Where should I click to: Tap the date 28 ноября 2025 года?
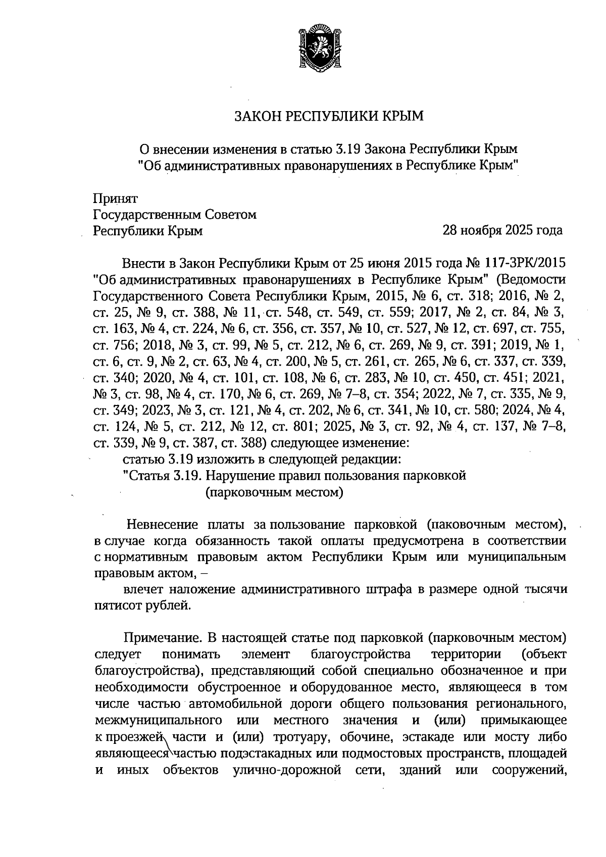(502, 231)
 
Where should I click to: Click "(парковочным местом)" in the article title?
(274, 492)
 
